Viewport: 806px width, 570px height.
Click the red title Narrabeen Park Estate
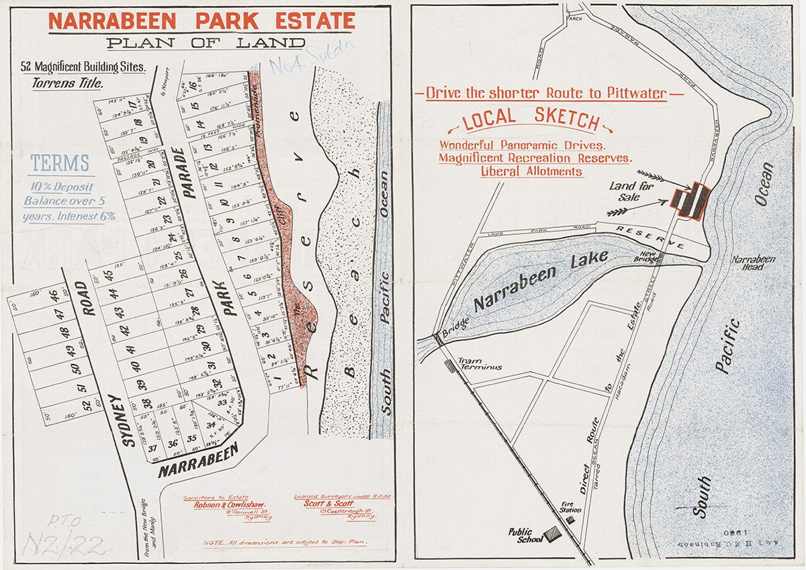coord(201,21)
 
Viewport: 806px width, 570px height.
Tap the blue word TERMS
coord(60,163)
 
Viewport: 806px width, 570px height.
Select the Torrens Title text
coord(68,84)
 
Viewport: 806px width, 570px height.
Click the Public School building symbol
coord(553,533)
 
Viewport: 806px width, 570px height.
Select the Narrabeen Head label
coord(754,263)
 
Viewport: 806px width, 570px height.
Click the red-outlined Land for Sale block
coord(691,200)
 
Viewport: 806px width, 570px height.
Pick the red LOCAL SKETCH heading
coord(530,120)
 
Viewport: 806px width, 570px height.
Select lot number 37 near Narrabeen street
coord(152,448)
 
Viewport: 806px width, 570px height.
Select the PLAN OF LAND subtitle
coord(206,44)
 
